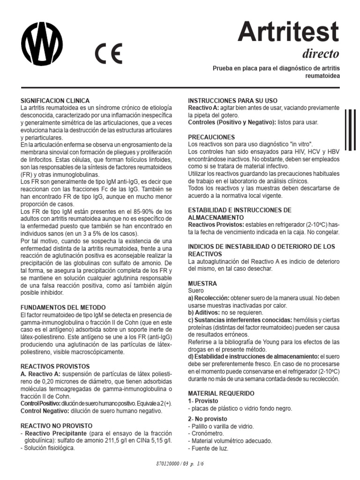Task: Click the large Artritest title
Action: [x=288, y=32]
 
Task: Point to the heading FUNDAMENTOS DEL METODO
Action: [x=63, y=307]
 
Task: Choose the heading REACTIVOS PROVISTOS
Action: [x=55, y=366]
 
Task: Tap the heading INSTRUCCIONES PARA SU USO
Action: [x=232, y=101]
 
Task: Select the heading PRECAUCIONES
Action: [x=211, y=137]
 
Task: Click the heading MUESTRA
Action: [x=202, y=284]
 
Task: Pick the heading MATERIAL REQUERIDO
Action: [x=221, y=393]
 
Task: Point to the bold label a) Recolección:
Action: [x=209, y=298]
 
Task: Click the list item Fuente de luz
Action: [x=210, y=449]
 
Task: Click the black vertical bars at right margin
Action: [x=351, y=131]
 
